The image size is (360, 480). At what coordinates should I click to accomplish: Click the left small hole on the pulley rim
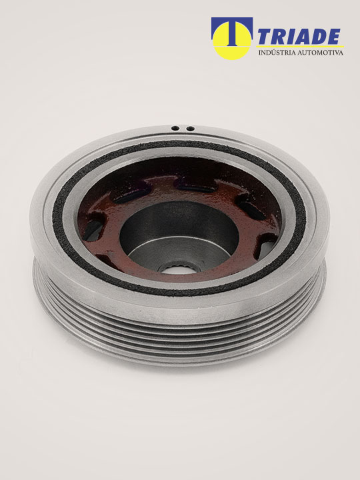pyautogui.click(x=175, y=128)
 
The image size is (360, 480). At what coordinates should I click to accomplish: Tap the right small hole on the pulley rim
pyautogui.click(x=191, y=129)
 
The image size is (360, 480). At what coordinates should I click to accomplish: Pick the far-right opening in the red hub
pyautogui.click(x=267, y=245)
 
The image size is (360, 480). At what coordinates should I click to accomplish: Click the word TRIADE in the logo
pyautogui.click(x=299, y=37)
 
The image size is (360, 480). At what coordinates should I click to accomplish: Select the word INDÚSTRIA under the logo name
pyautogui.click(x=277, y=53)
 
